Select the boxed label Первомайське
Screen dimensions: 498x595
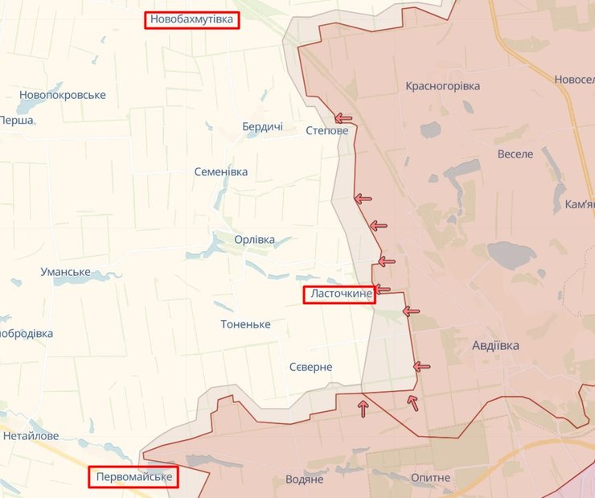point(133,478)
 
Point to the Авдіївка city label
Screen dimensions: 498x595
point(495,345)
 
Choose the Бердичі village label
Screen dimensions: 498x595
point(262,126)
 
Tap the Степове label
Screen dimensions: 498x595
point(327,130)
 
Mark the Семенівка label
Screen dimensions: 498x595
point(221,171)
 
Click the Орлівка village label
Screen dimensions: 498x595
point(254,240)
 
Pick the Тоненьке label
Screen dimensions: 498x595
point(245,324)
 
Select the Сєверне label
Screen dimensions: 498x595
point(310,367)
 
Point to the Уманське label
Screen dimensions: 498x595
point(65,272)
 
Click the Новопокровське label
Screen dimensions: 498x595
point(62,95)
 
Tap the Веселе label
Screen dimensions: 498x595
point(515,154)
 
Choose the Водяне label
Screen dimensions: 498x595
point(304,479)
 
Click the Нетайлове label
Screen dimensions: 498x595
point(31,436)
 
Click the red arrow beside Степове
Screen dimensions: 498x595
point(343,117)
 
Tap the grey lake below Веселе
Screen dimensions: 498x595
point(511,255)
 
